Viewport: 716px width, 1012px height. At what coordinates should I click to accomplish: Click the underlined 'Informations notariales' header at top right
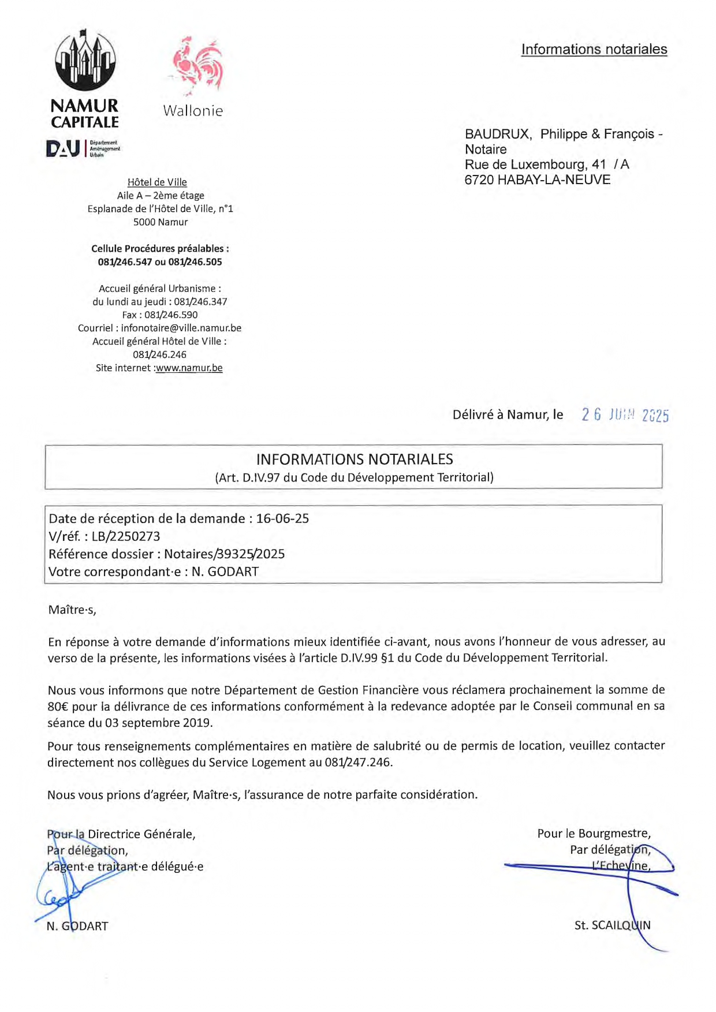(x=594, y=50)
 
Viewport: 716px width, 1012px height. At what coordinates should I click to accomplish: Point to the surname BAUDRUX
(x=498, y=134)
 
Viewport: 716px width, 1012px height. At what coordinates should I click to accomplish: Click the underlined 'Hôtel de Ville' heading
(x=157, y=182)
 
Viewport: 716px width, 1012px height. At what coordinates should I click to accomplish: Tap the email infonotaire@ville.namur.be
(x=181, y=328)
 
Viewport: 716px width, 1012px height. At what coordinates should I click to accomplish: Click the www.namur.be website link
(x=189, y=368)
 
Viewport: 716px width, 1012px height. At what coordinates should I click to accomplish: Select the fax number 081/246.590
(x=171, y=315)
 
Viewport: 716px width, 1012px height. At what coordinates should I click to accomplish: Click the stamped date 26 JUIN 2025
(x=625, y=415)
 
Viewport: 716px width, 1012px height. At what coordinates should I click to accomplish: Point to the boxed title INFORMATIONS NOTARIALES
(x=355, y=460)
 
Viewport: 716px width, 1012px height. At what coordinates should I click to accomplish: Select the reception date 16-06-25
(x=282, y=518)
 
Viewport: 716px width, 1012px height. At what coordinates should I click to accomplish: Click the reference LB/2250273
(x=126, y=536)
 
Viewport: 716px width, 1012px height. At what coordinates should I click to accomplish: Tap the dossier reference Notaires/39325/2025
(x=224, y=554)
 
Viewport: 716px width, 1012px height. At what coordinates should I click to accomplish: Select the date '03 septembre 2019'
(x=158, y=723)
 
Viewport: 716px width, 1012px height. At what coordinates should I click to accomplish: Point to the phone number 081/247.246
(x=357, y=762)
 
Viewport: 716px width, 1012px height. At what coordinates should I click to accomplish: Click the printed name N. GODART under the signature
(x=77, y=926)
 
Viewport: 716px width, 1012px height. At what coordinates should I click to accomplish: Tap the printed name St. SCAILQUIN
(x=612, y=925)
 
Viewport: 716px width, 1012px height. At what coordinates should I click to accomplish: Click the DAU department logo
(x=83, y=149)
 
